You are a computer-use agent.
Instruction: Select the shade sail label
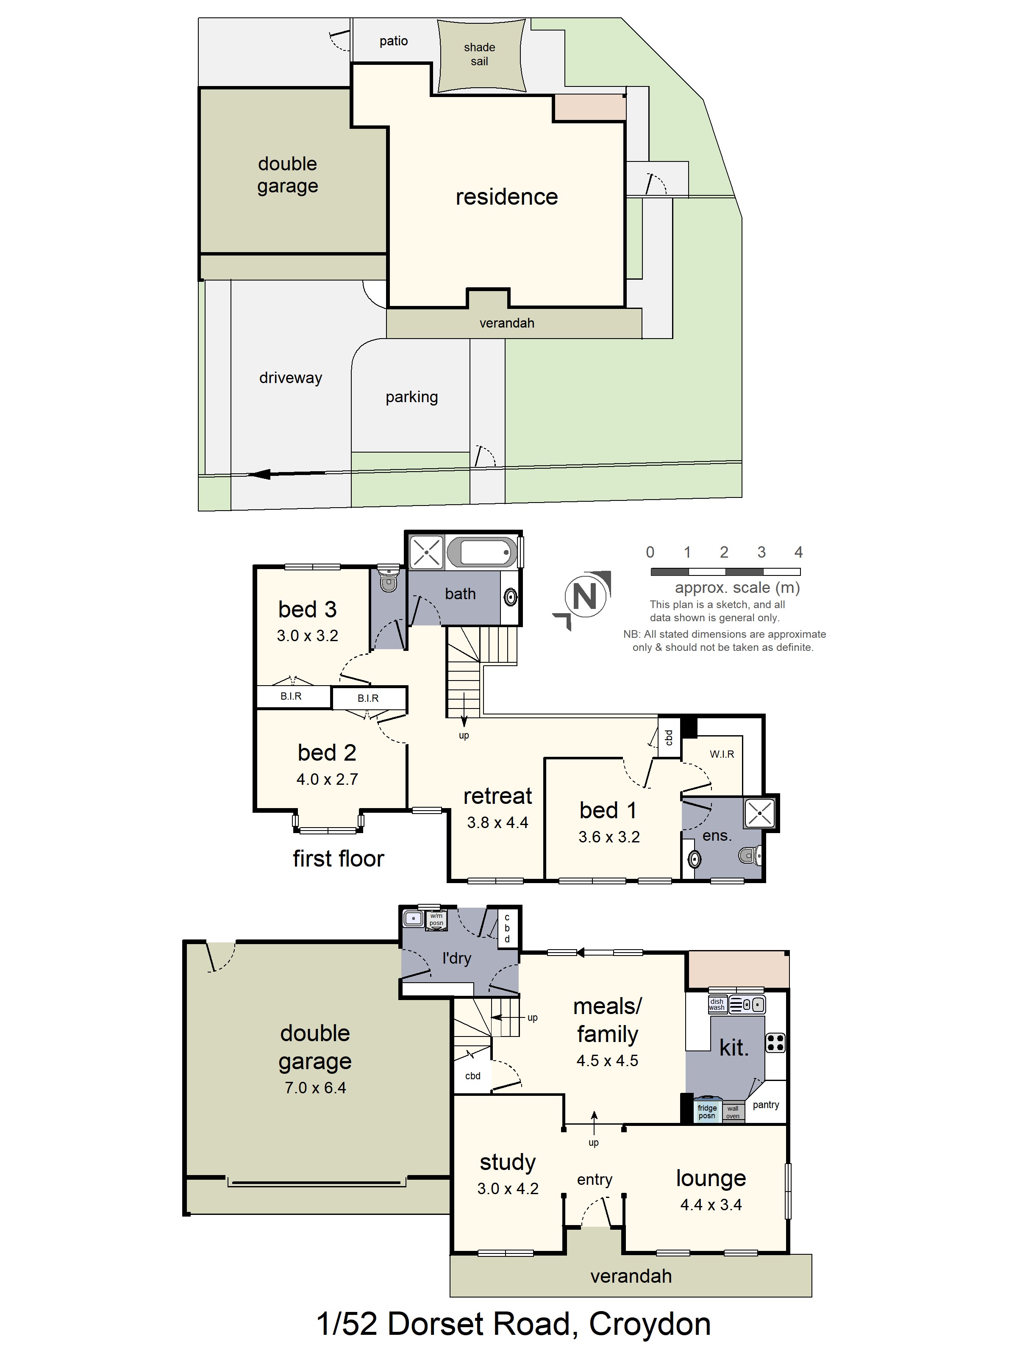tap(479, 54)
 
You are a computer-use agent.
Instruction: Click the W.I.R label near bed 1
tap(722, 754)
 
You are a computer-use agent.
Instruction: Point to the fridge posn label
tap(707, 1111)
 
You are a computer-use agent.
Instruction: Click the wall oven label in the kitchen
tap(733, 1112)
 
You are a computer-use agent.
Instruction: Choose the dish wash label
tap(717, 1004)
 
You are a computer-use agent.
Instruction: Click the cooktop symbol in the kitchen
tap(775, 1042)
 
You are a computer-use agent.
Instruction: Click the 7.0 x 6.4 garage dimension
tap(315, 1087)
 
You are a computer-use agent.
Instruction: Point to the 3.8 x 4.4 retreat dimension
tap(497, 822)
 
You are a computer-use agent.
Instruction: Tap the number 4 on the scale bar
tap(798, 552)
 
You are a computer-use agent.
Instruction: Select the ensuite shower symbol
tap(759, 814)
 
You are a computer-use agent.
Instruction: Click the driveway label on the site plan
tap(291, 378)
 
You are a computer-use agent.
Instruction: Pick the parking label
tap(411, 397)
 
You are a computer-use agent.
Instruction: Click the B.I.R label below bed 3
tap(291, 696)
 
